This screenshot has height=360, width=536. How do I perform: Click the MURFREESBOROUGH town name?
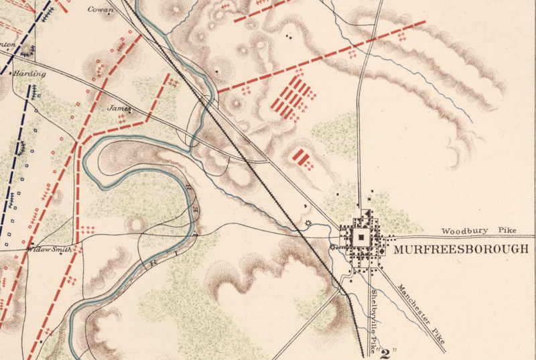tap(460, 249)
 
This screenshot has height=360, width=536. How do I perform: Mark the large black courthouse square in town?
tap(362, 237)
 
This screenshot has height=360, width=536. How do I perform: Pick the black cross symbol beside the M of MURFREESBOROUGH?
tap(382, 251)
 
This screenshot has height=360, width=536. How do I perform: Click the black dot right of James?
tap(131, 109)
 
